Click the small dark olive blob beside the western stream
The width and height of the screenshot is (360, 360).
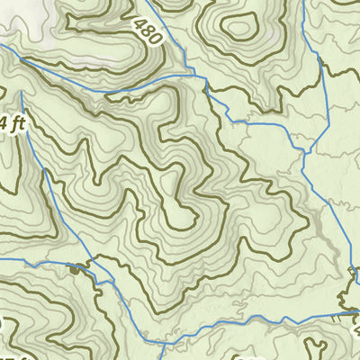pyautogui.click(x=74, y=267)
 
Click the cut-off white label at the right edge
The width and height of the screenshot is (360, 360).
pyautogui.click(x=355, y=324)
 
